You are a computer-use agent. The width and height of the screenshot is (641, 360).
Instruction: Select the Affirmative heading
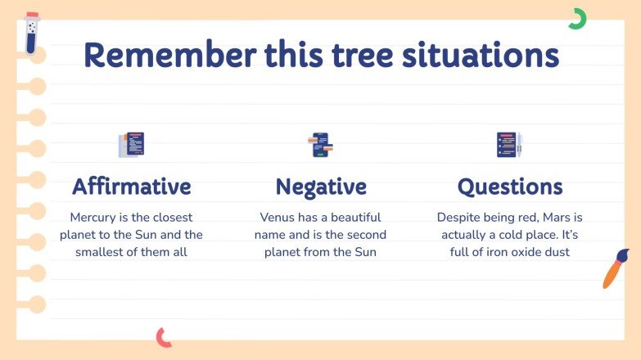pyautogui.click(x=131, y=187)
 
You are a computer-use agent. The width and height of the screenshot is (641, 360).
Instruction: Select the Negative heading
pyautogui.click(x=320, y=187)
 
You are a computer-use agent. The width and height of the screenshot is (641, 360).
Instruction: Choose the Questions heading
pyautogui.click(x=509, y=187)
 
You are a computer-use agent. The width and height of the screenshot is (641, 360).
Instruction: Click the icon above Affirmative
pyautogui.click(x=131, y=145)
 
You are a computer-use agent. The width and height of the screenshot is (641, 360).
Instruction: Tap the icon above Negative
pyautogui.click(x=320, y=145)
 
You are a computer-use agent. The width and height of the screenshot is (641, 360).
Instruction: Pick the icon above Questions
pyautogui.click(x=509, y=145)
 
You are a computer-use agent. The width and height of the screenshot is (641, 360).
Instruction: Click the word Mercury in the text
pyautogui.click(x=93, y=218)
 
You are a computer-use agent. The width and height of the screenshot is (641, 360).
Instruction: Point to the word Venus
pyautogui.click(x=279, y=218)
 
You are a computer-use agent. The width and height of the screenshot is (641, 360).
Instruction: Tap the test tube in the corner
pyautogui.click(x=32, y=33)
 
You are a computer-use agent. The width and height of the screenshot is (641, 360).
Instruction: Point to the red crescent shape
pyautogui.click(x=164, y=336)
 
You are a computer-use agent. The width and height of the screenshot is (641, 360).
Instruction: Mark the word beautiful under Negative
pyautogui.click(x=352, y=218)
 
